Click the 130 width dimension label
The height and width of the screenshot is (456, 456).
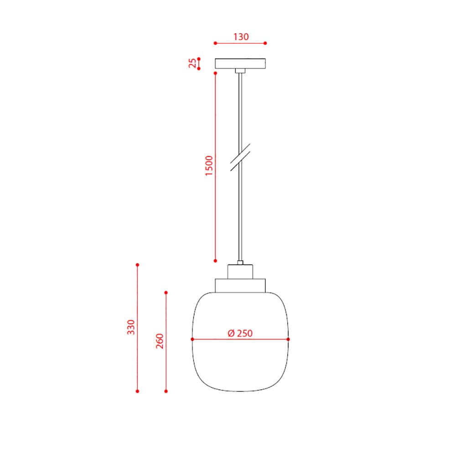point(241,37)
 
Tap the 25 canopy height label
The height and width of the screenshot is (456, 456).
point(192,63)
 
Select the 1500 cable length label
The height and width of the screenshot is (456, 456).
point(209,166)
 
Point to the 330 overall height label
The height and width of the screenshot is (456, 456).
point(131,327)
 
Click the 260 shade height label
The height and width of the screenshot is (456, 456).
point(160,341)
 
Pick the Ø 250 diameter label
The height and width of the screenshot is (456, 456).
point(240,333)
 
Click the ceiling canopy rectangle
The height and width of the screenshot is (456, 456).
point(240,63)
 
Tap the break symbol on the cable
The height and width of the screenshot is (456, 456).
point(240,157)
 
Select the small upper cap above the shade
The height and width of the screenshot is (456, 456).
point(240,272)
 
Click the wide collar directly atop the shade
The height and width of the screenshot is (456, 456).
point(240,285)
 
